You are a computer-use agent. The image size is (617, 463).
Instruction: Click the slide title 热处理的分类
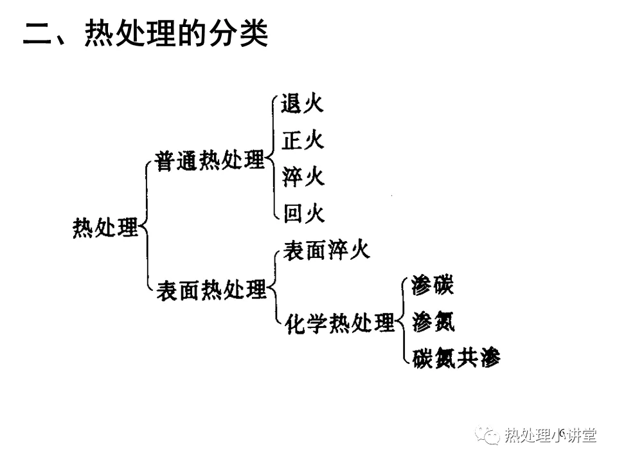(x=176, y=33)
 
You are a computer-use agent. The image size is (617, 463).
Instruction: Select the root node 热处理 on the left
(x=105, y=228)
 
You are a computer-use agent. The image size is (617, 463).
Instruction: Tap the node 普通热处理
(x=210, y=160)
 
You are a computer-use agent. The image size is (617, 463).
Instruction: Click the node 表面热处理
(x=211, y=290)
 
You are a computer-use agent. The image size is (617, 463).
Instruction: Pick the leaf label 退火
(x=302, y=104)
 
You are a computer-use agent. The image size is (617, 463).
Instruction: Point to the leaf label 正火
(x=303, y=140)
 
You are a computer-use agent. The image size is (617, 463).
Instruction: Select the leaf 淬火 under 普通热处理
(x=303, y=176)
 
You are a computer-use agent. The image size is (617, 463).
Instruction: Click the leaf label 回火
(x=304, y=213)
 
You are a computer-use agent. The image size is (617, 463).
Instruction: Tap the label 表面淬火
(x=326, y=250)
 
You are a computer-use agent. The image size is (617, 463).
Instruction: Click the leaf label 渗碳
(x=433, y=285)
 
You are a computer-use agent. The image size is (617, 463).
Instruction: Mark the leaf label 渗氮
(x=433, y=322)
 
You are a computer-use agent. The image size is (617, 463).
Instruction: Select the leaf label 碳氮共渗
(x=456, y=358)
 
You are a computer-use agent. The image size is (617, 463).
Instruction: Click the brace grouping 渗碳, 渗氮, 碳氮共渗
(x=404, y=322)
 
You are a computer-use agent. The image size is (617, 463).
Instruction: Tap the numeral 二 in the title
(x=37, y=35)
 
